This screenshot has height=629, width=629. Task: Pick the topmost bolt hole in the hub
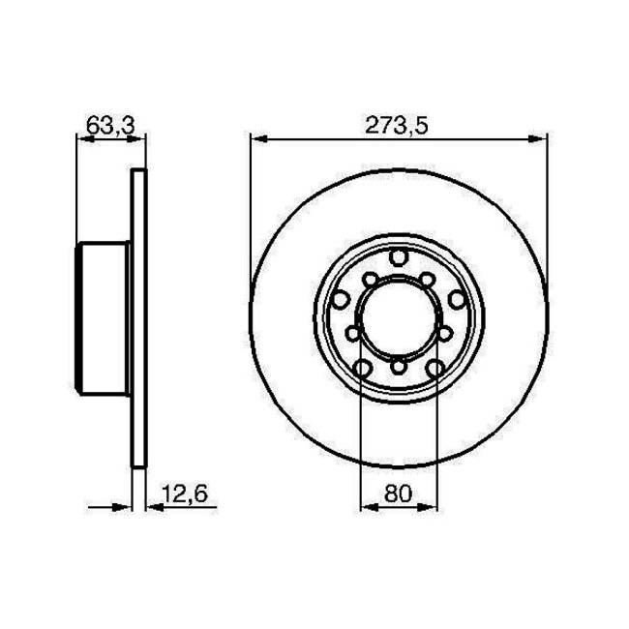tap(398, 256)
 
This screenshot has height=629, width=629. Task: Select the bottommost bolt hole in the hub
tap(398, 367)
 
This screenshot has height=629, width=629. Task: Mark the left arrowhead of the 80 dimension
tap(367, 505)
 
